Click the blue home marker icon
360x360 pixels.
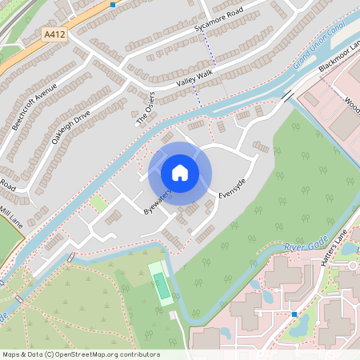(x=180, y=172)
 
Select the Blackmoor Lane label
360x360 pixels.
(x=338, y=55)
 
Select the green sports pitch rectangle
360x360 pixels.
(x=162, y=285)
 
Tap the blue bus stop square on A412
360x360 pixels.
(x=112, y=4)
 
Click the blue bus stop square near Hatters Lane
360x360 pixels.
(x=294, y=314)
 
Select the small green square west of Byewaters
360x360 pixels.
(x=98, y=203)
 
